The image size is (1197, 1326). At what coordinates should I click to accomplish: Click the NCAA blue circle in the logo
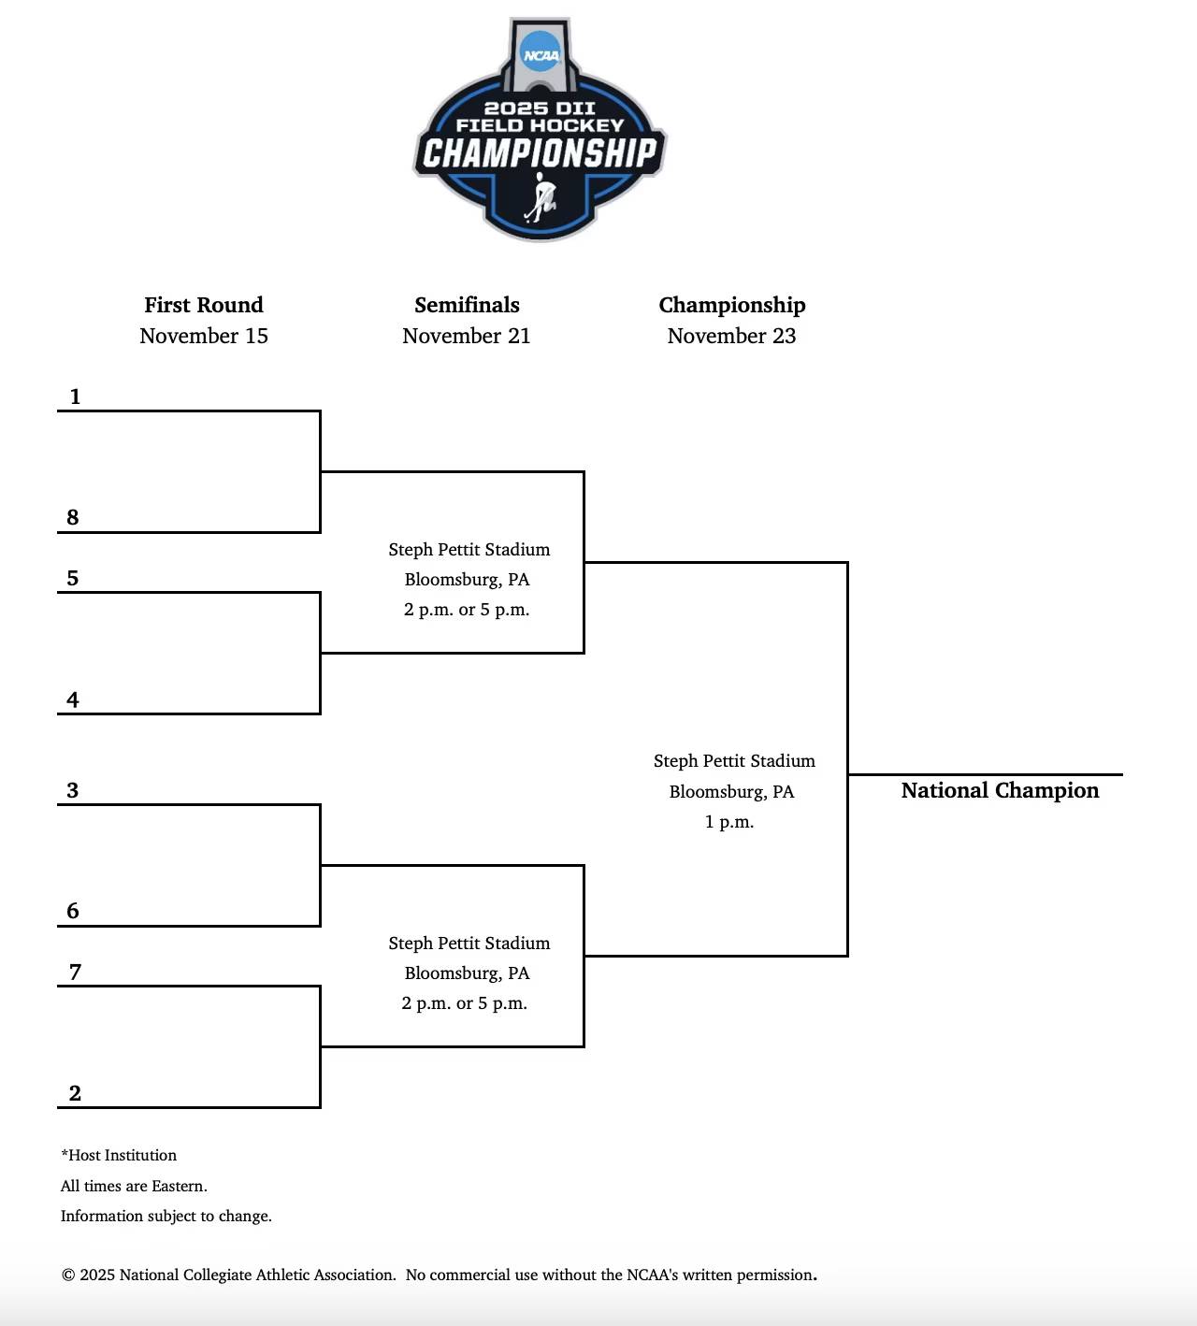coord(541,53)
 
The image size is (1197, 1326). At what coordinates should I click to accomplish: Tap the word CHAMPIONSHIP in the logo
coord(540,152)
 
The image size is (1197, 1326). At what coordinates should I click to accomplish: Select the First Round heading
coord(204,305)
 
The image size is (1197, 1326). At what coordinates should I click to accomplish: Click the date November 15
coord(204,336)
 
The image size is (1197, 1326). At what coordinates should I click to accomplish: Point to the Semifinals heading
coord(467,305)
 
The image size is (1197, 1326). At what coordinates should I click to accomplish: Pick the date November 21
coord(467,336)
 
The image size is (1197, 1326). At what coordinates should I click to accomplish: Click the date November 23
coord(731,336)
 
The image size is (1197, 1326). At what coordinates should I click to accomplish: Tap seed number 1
coord(75,396)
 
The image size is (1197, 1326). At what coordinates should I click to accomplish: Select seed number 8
coord(73,517)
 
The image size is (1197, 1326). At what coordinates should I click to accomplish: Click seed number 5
coord(73,578)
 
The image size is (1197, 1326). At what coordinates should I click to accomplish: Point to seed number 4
coord(73,699)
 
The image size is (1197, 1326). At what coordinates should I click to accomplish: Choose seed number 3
coord(73,790)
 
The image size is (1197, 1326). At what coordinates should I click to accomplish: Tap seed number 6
coord(73,911)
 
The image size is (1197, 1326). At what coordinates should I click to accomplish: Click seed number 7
coord(75,972)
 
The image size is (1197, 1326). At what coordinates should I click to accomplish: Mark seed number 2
coord(75,1093)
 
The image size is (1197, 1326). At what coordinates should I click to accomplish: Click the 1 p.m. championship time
coord(729,822)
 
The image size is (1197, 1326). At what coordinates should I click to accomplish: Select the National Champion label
coord(1000,791)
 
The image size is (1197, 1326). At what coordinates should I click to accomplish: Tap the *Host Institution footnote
coord(119,1156)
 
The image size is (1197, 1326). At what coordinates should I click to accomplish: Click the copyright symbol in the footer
coord(68,1276)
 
